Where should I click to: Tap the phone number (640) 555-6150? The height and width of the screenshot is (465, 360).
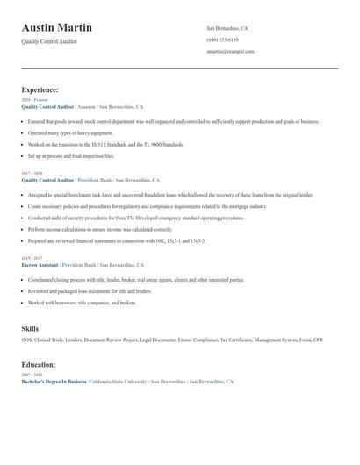click(x=222, y=39)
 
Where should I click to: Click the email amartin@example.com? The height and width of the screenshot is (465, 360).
click(x=230, y=51)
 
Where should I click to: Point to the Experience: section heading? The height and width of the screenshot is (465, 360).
click(x=40, y=89)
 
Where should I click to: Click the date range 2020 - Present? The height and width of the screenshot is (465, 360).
click(x=35, y=100)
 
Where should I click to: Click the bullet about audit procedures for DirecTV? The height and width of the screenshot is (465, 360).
click(x=123, y=217)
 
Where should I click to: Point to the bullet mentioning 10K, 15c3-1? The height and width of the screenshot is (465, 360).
click(x=116, y=240)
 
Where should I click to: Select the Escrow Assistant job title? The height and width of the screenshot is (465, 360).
click(x=40, y=264)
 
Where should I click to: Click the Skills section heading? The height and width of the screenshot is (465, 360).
click(x=30, y=328)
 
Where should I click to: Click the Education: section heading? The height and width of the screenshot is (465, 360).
click(x=39, y=364)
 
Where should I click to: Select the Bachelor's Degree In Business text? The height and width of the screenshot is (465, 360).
click(x=54, y=382)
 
